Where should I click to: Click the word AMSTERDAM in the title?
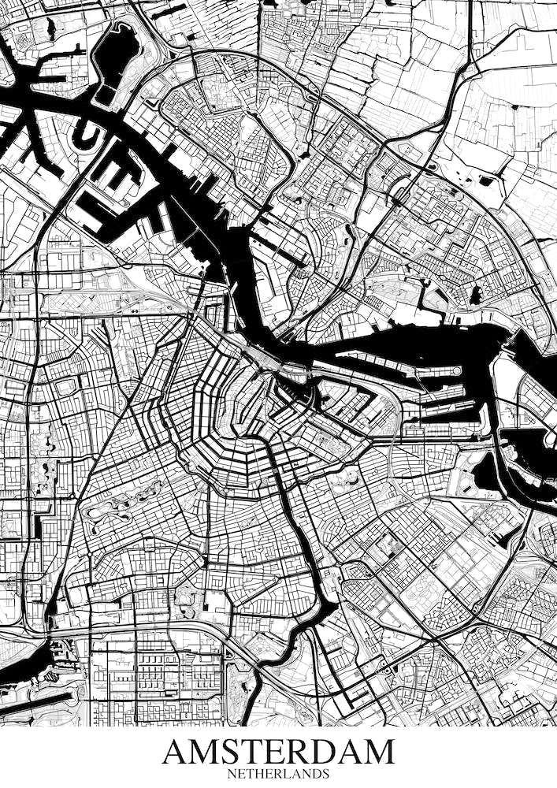point(278,752)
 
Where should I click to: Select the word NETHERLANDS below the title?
point(278,775)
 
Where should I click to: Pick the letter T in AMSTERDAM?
point(254,752)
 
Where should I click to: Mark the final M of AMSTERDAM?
point(377,752)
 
